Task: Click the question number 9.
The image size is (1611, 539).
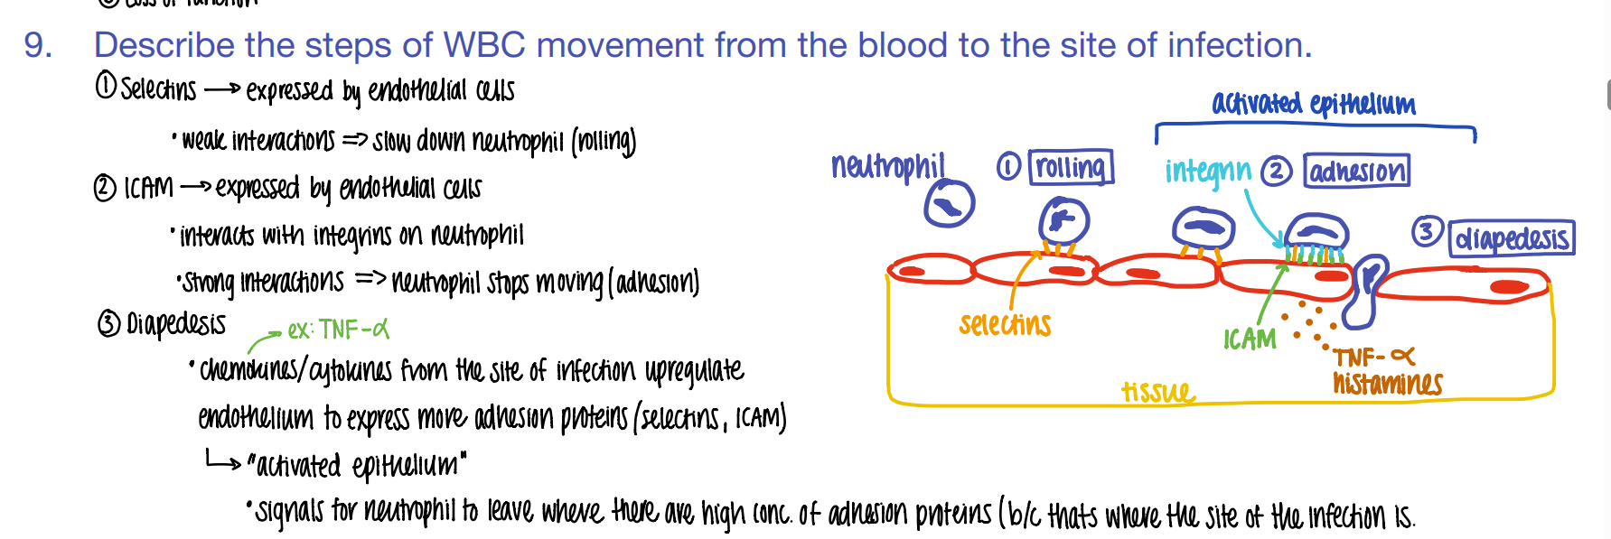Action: point(36,45)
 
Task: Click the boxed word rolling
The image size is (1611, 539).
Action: point(1071,167)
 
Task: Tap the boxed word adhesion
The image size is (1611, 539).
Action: point(1356,171)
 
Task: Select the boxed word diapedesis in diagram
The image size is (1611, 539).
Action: point(1512,238)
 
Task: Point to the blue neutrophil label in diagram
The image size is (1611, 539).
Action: point(887,166)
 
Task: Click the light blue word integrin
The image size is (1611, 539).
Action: point(1207,171)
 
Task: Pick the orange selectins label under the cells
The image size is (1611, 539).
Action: point(1005,324)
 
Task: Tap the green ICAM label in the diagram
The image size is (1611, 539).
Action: point(1250,339)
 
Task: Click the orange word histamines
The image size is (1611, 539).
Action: point(1387,384)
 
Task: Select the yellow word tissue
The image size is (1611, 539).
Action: point(1157,392)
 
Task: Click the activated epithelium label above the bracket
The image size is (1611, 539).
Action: point(1313,104)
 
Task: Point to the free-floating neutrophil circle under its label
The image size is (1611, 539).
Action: point(949,204)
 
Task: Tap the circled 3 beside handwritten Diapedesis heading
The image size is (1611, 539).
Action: point(108,323)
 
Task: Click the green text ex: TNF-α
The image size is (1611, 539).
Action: point(338,330)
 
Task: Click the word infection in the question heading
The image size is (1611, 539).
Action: point(1234,45)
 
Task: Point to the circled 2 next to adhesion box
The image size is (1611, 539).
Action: point(1276,171)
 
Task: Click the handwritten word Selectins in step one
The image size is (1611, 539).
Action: point(158,89)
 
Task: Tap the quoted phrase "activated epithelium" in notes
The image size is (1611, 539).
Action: point(357,466)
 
